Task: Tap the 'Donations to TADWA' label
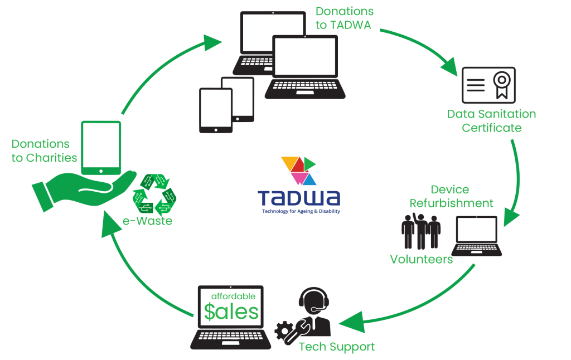pos(344,18)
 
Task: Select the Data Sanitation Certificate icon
pos(488,85)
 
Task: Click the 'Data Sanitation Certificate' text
pos(491,121)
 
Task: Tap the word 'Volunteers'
pos(421,259)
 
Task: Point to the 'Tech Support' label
pos(337,347)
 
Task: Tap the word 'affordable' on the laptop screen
pos(234,296)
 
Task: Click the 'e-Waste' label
pos(147,221)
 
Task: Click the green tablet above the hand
pos(101,147)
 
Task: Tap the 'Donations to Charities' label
pos(45,151)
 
